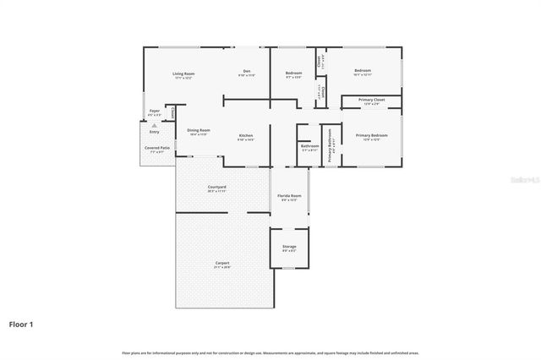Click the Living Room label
click(183, 74)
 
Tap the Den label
click(246, 71)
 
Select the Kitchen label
click(245, 135)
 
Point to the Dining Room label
click(199, 130)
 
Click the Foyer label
click(155, 111)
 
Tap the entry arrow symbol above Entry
click(154, 125)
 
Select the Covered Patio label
click(157, 148)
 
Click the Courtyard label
click(216, 187)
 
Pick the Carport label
click(221, 263)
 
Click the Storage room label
click(289, 247)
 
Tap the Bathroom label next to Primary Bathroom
click(309, 146)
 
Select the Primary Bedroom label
click(372, 135)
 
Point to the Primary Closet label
click(372, 100)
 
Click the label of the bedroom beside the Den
click(293, 72)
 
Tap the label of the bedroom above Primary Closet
click(363, 70)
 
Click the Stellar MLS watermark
click(519, 178)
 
